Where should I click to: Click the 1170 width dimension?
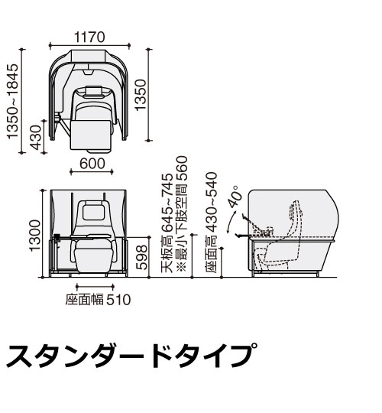tap(89, 37)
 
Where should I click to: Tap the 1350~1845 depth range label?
tap(13, 101)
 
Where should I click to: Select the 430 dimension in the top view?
tap(36, 137)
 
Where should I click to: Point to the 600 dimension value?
tap(92, 164)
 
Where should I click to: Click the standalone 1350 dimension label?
tap(141, 95)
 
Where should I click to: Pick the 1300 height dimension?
tap(35, 236)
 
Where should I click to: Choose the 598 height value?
tap(142, 257)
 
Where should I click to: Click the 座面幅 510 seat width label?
tap(98, 300)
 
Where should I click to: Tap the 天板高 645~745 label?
tap(167, 223)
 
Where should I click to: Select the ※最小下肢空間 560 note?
tap(182, 214)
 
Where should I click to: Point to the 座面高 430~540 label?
tap(212, 223)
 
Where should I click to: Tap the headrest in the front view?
tap(93, 210)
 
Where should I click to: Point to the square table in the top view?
tap(90, 135)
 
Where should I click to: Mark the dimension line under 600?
tap(92, 172)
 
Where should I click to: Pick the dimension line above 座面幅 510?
tap(95, 286)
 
